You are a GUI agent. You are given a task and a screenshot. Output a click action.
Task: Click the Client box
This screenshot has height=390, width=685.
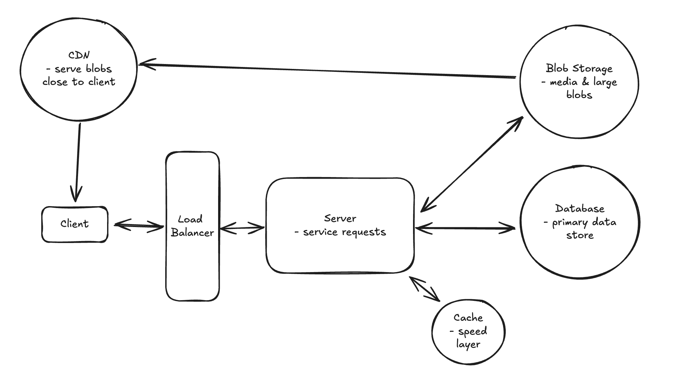pyautogui.click(x=74, y=224)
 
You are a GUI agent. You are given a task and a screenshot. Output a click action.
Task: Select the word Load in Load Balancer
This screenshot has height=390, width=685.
pyautogui.click(x=190, y=219)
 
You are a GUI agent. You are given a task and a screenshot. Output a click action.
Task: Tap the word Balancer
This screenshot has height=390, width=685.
pyautogui.click(x=192, y=233)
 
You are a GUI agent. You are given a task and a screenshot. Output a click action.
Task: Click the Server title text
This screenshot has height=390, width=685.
pyautogui.click(x=340, y=218)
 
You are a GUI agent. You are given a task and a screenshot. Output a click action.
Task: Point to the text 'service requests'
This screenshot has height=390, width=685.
pyautogui.click(x=344, y=232)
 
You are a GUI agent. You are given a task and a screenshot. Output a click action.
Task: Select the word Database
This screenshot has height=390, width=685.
pyautogui.click(x=580, y=208)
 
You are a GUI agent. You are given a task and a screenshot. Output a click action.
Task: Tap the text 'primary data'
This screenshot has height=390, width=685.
pyautogui.click(x=584, y=222)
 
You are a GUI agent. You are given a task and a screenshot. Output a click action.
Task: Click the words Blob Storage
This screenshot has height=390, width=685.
pyautogui.click(x=579, y=68)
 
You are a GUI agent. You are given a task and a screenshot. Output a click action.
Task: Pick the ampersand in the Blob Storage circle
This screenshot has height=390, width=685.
pyautogui.click(x=585, y=82)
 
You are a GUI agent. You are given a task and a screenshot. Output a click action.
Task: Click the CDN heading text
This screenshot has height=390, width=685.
pyautogui.click(x=79, y=55)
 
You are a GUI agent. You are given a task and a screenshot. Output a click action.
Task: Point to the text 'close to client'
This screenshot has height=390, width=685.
pyautogui.click(x=79, y=82)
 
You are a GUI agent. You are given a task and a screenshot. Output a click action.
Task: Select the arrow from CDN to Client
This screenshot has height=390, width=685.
pyautogui.click(x=78, y=160)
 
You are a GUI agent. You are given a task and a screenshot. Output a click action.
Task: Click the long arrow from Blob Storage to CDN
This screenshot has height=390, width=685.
pyautogui.click(x=327, y=71)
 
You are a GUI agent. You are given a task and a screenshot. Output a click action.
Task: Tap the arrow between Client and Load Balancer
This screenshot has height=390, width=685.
pyautogui.click(x=139, y=225)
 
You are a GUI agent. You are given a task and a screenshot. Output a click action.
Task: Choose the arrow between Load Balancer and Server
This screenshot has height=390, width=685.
pyautogui.click(x=242, y=228)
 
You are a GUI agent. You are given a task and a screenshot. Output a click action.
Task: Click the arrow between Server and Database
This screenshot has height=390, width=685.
pyautogui.click(x=465, y=228)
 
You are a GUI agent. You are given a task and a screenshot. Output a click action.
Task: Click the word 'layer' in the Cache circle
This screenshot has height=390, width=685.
pyautogui.click(x=468, y=344)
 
